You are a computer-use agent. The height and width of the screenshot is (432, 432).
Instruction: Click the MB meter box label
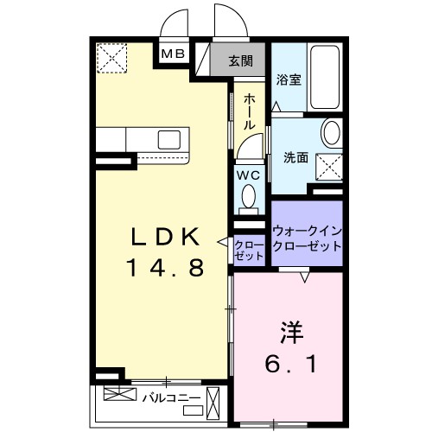tap(174, 54)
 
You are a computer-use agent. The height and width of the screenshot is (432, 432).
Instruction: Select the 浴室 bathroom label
tap(288, 79)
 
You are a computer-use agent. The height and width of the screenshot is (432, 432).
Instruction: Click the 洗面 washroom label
tap(296, 157)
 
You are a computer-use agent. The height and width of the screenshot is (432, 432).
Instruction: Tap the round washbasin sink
tap(332, 134)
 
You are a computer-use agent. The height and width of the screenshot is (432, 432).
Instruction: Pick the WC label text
tap(249, 174)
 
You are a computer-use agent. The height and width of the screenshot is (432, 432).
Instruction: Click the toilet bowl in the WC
tap(249, 198)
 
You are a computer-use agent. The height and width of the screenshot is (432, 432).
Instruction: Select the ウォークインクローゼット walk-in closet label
tap(307, 238)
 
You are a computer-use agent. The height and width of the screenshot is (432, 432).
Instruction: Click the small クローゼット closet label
tap(249, 251)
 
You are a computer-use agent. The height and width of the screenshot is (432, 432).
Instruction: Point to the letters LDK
tap(165, 236)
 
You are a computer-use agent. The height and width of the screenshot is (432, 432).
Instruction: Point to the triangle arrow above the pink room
tap(304, 278)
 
